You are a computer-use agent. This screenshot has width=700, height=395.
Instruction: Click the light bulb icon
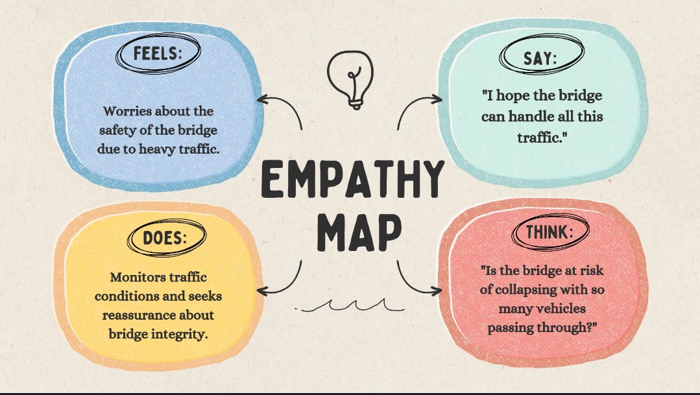[350, 79]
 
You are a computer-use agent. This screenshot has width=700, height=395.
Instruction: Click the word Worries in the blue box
[127, 112]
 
